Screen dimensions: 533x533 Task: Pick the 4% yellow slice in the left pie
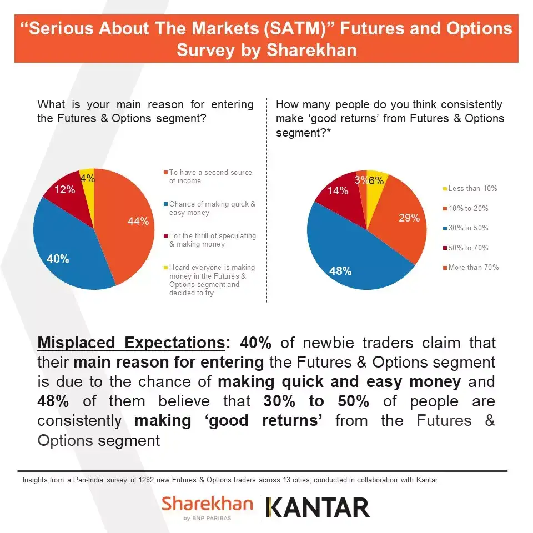click(x=88, y=178)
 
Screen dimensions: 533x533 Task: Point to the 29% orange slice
click(x=403, y=219)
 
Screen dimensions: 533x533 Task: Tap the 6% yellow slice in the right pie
click(x=376, y=180)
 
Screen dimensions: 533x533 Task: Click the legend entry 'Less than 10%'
click(x=472, y=189)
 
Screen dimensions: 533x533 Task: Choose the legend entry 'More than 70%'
click(x=473, y=268)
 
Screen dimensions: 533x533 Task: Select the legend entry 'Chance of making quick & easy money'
click(x=212, y=208)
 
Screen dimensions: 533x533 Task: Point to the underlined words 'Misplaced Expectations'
click(x=131, y=343)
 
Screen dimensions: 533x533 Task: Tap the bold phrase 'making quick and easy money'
click(x=339, y=382)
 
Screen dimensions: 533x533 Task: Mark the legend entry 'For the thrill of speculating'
click(x=212, y=240)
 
